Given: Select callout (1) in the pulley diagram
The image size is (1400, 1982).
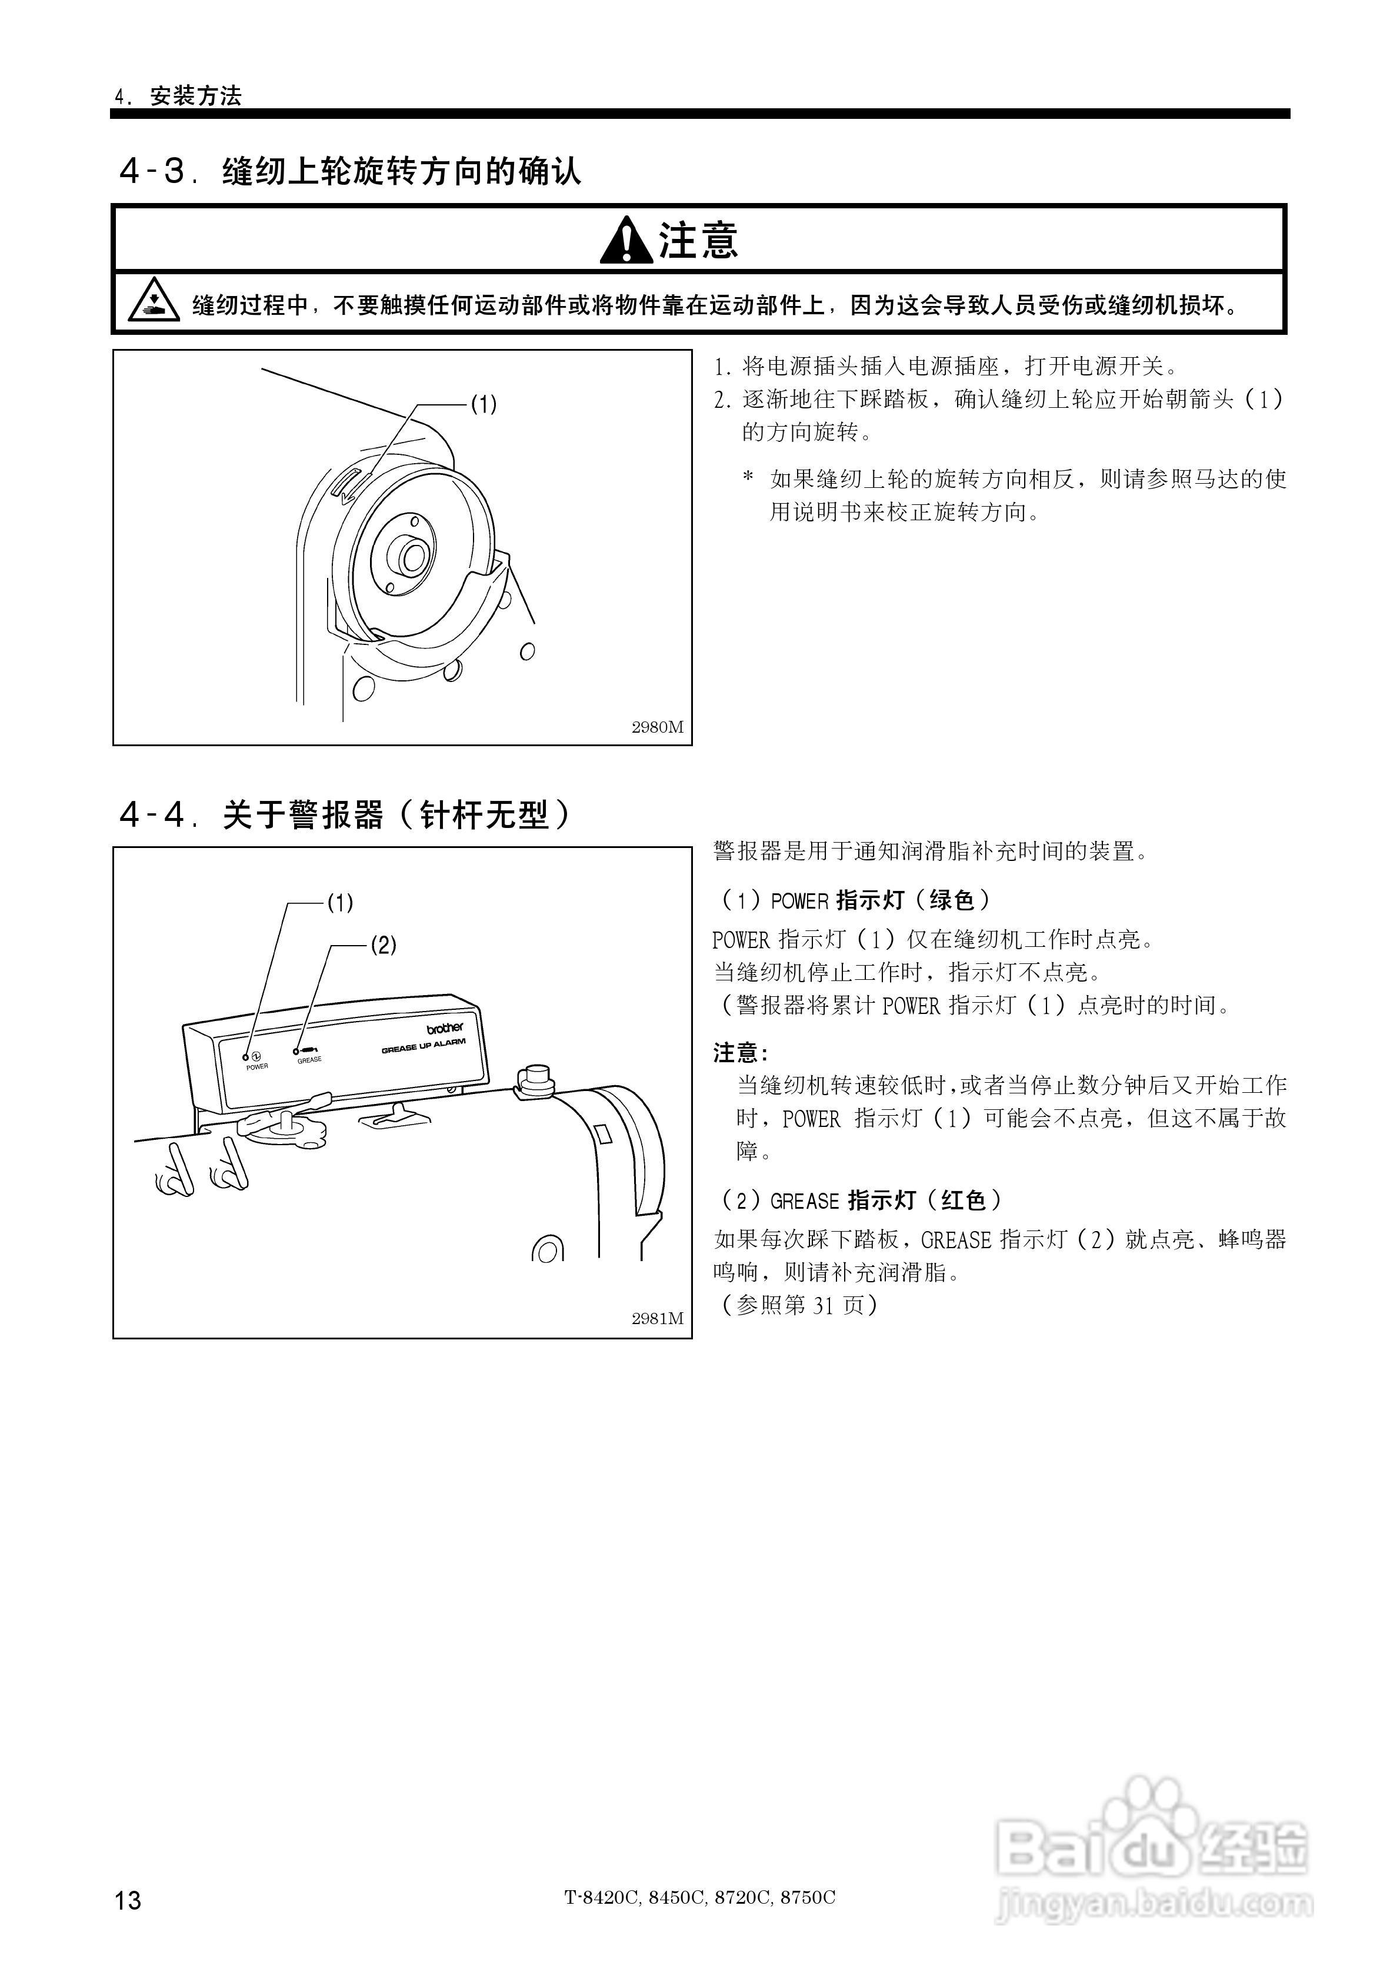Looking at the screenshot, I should (484, 404).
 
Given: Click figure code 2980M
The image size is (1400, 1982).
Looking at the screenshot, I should (657, 727).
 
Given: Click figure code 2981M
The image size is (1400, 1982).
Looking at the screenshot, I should (657, 1319).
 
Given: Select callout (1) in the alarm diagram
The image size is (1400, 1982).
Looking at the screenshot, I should (340, 903).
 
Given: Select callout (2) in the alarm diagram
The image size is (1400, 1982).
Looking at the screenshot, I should (383, 945).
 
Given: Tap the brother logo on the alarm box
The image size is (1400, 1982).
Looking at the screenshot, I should (445, 1028).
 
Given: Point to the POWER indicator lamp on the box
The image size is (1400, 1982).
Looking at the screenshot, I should (246, 1056).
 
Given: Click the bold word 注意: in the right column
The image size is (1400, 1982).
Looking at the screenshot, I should (739, 1052).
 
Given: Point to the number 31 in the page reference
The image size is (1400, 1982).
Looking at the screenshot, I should (822, 1305).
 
